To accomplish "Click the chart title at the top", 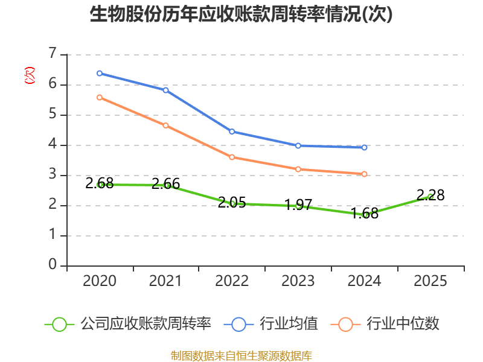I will pos(241,14).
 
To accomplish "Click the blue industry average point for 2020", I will pos(100,74).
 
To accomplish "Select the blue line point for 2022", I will pos(232,132).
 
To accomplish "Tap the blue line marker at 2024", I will pos(365,147).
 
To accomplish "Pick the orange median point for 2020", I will pos(100,97).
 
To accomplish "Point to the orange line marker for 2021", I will pos(165,125).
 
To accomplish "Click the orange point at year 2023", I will pos(298,169).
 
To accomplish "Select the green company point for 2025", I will pos(430,197).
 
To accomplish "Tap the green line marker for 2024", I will pos(365,215).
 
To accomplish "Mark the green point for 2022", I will pos(232,203).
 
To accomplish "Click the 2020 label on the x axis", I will pos(100,281).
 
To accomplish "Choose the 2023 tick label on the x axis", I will pos(298,281).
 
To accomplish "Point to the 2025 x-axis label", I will pos(430,281).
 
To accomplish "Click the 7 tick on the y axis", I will pos(53,54).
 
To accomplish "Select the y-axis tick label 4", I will pos(53,145).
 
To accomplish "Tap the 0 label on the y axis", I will pos(53,265).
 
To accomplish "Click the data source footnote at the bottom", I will pos(241,355).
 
